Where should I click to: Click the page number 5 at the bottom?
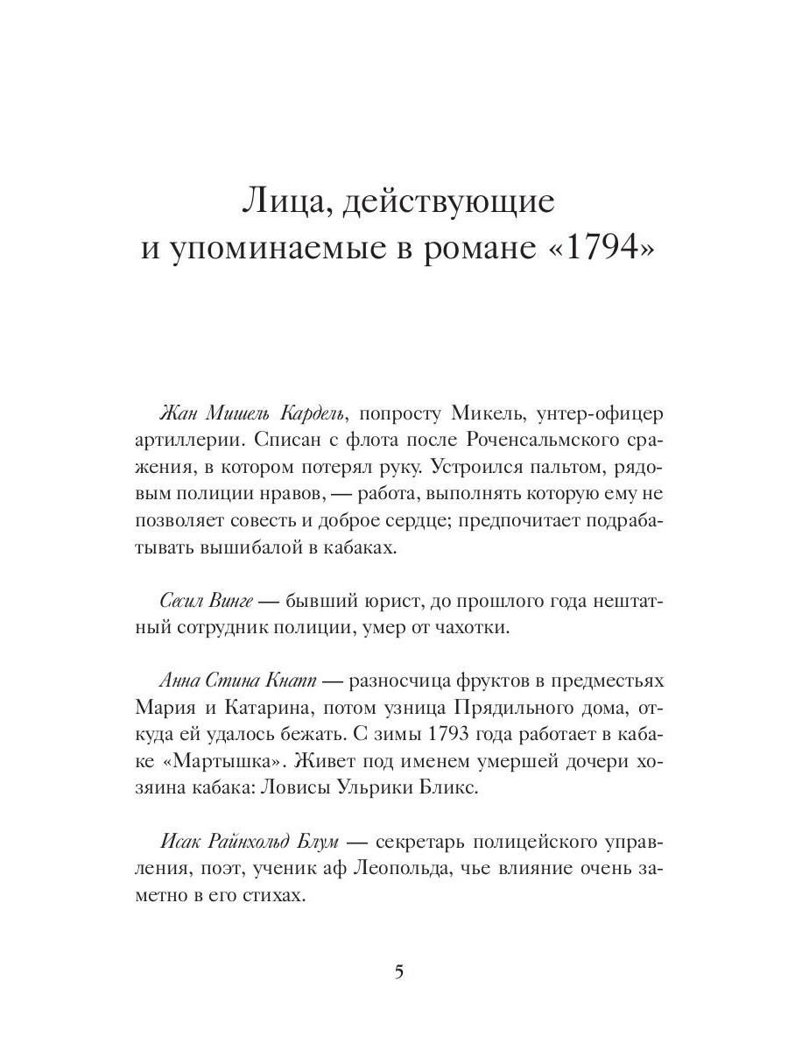click(x=399, y=972)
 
